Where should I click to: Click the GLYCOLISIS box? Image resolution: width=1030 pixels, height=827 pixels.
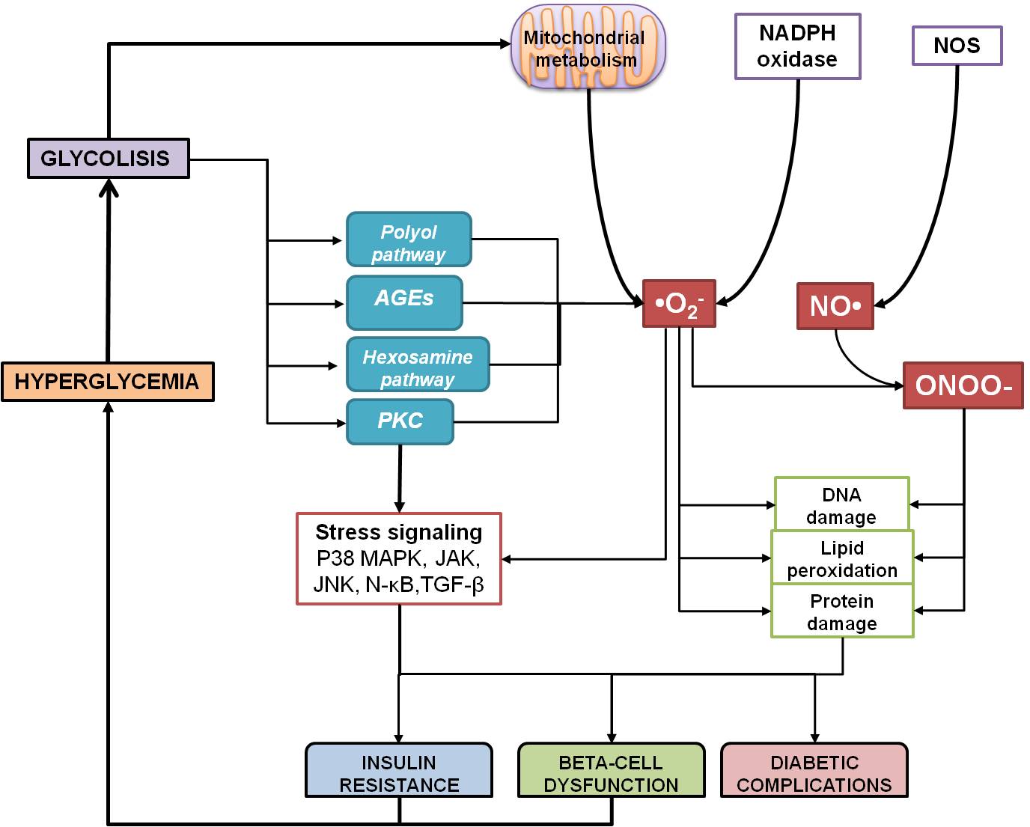tap(108, 159)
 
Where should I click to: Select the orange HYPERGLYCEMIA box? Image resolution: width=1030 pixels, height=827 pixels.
tap(108, 382)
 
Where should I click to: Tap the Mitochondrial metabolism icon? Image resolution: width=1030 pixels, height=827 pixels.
tap(587, 49)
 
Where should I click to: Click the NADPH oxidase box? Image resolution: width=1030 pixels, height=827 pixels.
tap(797, 46)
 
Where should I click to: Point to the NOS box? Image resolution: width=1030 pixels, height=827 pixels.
tap(957, 46)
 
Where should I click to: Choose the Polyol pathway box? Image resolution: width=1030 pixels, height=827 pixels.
tap(409, 239)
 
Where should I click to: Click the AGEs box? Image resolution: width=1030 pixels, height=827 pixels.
tap(404, 302)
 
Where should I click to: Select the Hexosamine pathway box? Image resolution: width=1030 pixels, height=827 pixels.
tap(418, 364)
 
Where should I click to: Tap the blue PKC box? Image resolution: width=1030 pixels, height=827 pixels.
tap(400, 421)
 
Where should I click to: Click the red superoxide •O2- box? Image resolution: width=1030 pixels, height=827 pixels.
tap(679, 304)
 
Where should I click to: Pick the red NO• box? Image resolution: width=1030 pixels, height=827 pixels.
tap(835, 306)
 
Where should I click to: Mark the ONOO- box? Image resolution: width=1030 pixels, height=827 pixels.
tap(963, 385)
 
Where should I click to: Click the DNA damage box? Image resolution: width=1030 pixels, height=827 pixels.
tap(841, 504)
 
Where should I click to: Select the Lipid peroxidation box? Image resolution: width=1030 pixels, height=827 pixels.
tap(842, 558)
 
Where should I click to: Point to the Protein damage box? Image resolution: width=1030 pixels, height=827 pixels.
tap(842, 611)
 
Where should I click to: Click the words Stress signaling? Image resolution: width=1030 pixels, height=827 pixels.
tap(399, 532)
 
